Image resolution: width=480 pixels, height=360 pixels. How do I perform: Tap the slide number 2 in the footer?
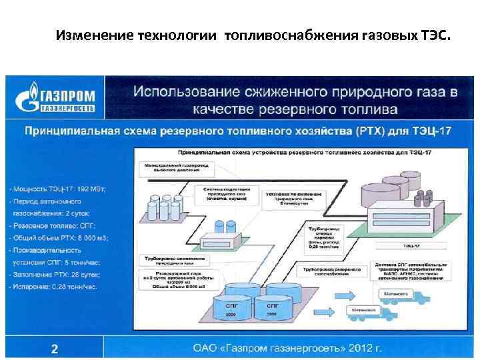pyautogui.click(x=55, y=348)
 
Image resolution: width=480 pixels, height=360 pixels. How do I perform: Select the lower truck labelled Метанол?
pyautogui.click(x=373, y=313)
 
